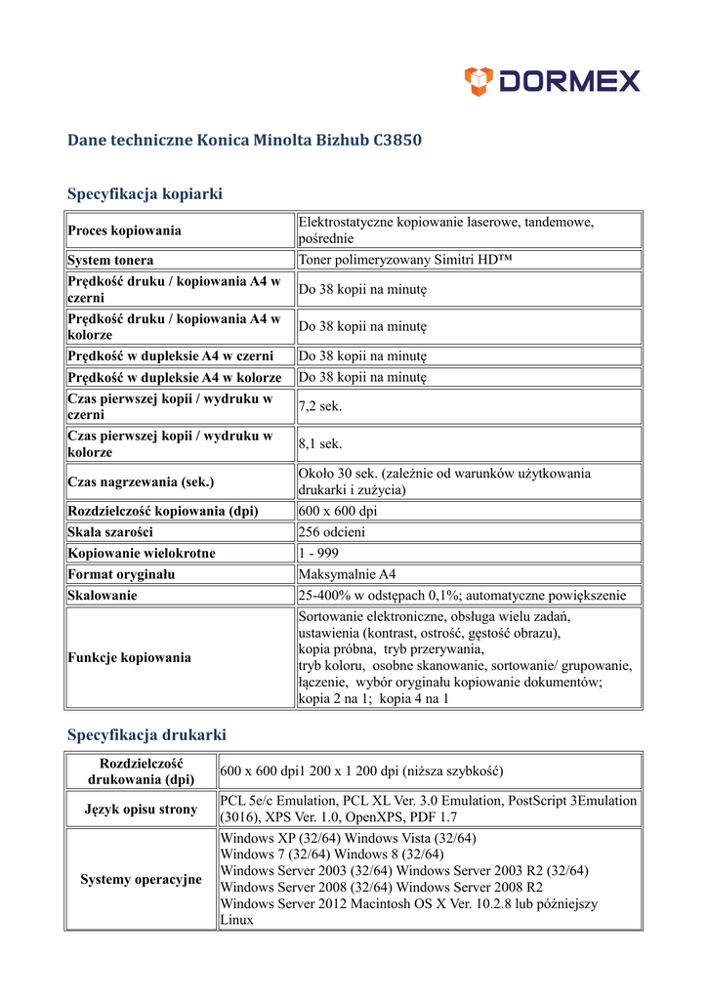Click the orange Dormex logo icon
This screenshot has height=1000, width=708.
(x=479, y=81)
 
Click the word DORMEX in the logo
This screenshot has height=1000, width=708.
(x=569, y=81)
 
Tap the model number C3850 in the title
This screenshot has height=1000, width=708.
(x=397, y=140)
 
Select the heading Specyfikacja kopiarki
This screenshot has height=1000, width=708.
(x=145, y=193)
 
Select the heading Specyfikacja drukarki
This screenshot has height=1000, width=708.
(x=146, y=734)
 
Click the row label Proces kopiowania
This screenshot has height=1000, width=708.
(x=124, y=230)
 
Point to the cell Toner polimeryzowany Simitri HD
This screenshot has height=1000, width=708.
(x=405, y=261)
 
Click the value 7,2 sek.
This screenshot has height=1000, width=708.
(x=320, y=406)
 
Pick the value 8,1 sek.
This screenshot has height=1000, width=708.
(x=320, y=444)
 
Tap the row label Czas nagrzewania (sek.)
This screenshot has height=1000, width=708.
(x=141, y=481)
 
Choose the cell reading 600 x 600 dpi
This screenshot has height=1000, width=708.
(x=338, y=511)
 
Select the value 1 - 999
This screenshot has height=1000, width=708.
(x=319, y=553)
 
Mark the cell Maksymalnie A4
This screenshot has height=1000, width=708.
(x=347, y=574)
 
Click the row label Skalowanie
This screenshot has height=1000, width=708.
(x=103, y=595)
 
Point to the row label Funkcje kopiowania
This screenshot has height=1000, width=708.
(x=129, y=657)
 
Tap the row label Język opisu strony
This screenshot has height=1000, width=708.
(x=141, y=809)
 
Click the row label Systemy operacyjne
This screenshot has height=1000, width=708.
(x=141, y=879)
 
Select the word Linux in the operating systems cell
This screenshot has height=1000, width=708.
(x=236, y=920)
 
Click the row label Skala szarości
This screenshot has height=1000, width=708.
(x=110, y=532)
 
